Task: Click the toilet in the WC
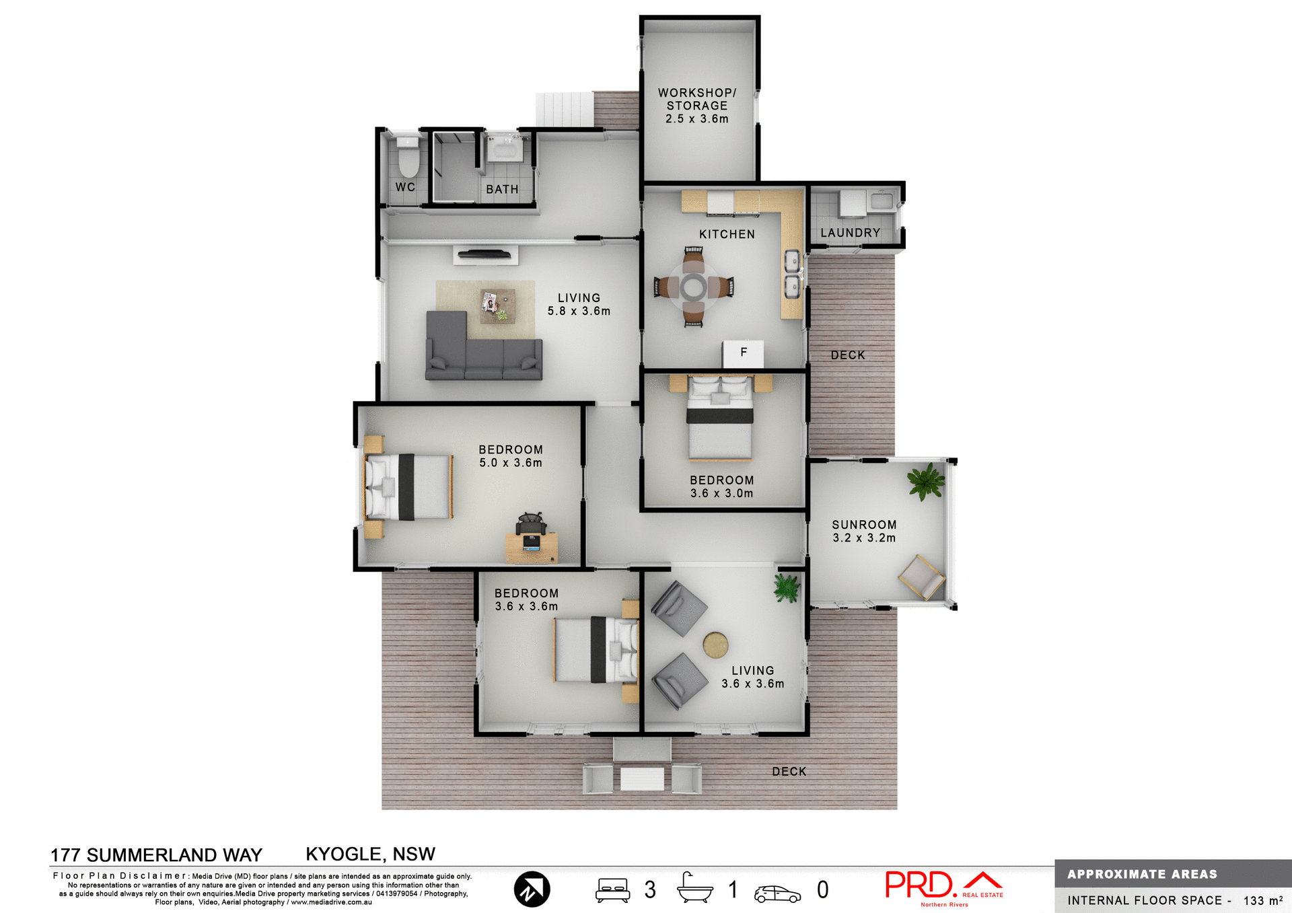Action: coord(408,157)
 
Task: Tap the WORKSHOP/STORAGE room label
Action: coord(697,106)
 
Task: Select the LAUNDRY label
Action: coord(850,233)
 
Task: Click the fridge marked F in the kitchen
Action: coord(743,353)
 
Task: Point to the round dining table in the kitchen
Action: coord(693,287)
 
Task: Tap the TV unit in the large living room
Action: coord(485,254)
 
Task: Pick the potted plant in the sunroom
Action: coord(926,481)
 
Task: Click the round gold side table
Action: coord(715,645)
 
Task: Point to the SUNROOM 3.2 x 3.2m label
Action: coord(864,531)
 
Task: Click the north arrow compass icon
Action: coord(532,889)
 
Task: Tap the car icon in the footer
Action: coord(777,893)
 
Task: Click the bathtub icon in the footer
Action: coord(694,889)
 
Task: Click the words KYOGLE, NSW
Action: coord(370,854)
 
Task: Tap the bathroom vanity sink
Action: coord(504,149)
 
